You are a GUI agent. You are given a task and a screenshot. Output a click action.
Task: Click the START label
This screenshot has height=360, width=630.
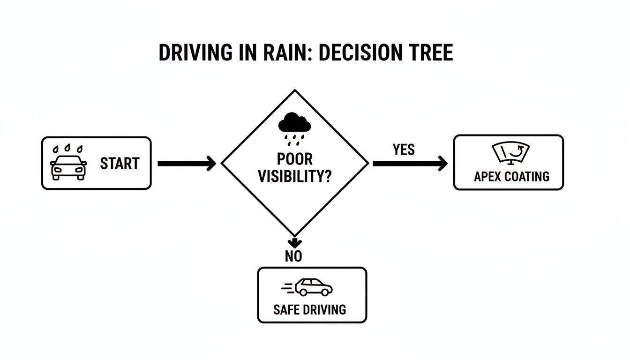120,164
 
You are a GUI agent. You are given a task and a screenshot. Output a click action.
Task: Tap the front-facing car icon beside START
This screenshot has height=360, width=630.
68,167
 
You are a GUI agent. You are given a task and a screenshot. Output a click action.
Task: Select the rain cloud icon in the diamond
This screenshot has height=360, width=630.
294,126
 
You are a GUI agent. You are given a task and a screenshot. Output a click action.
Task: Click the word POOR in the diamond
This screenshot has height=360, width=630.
294,159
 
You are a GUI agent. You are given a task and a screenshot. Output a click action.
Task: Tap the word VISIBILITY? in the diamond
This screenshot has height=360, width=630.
294,177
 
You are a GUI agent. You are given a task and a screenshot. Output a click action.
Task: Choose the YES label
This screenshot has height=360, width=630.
404,150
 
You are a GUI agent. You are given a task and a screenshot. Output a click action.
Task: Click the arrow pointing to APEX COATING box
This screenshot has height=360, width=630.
410,164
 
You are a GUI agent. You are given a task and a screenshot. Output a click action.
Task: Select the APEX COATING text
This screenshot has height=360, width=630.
511,177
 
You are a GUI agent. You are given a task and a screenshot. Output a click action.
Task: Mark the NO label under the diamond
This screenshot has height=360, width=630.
293,256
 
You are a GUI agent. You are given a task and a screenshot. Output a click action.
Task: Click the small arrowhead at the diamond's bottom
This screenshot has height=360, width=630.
294,243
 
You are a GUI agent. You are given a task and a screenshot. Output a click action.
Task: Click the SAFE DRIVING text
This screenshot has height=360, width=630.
310,309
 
